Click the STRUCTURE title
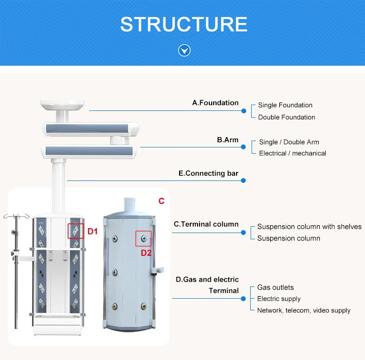[183, 24]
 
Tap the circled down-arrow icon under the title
[184, 50]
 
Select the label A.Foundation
[215, 103]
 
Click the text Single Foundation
[285, 105]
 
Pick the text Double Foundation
[286, 117]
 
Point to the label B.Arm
[227, 140]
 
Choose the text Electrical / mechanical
[292, 153]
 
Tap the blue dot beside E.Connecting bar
[243, 180]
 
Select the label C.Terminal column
[206, 224]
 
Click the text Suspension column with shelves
[309, 227]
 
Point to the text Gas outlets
[275, 288]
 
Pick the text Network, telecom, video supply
[304, 310]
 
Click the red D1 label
[92, 232]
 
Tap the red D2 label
[146, 252]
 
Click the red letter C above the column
[162, 201]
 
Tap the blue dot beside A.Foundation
[243, 111]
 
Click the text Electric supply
[279, 299]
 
